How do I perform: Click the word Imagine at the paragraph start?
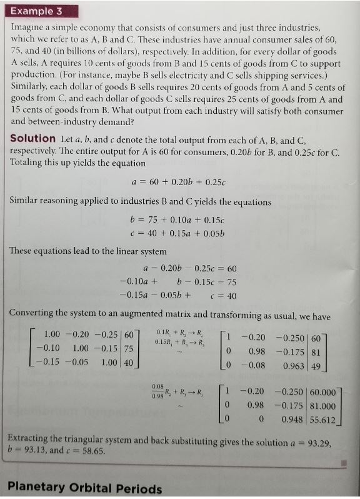[28, 29]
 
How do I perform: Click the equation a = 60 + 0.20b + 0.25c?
[180, 182]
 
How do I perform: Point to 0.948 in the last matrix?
[291, 416]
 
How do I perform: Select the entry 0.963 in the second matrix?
[293, 365]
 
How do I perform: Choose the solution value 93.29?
[320, 443]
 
